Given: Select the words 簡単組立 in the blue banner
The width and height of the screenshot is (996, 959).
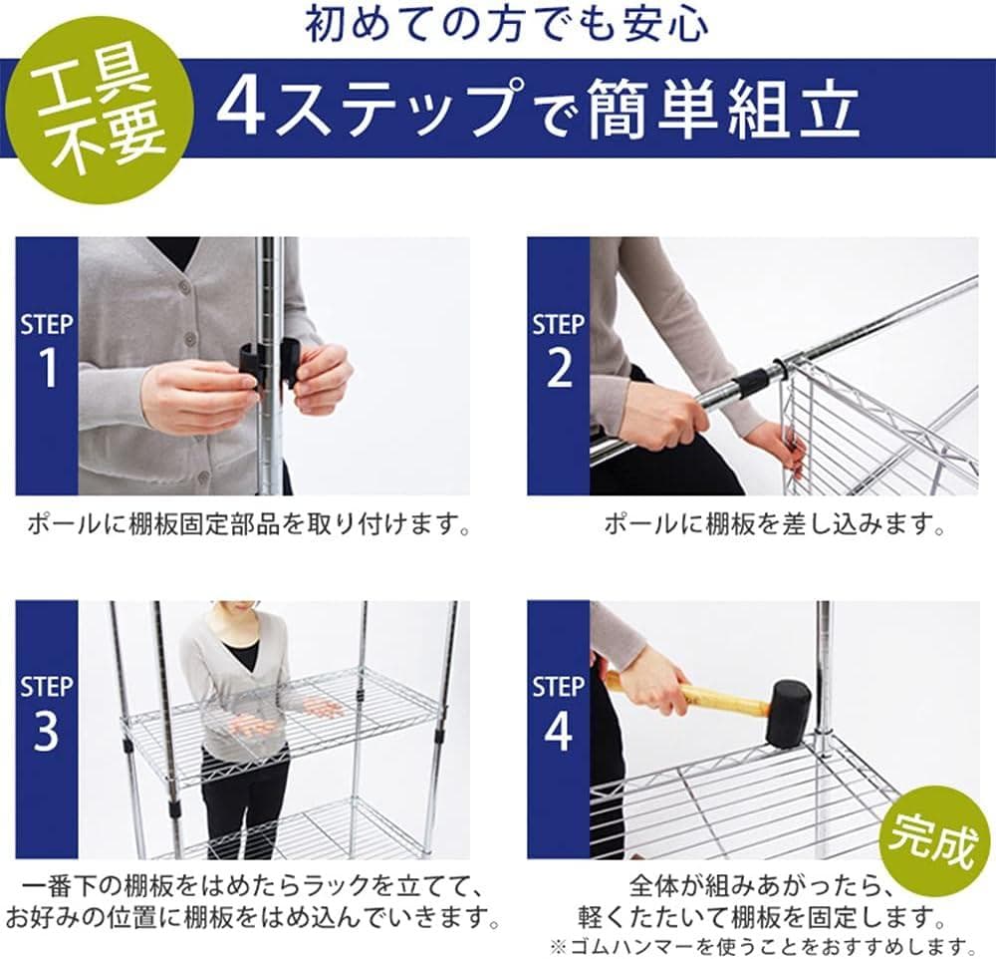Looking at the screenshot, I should pos(724,108).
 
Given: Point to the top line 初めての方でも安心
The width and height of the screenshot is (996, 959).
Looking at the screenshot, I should pos(507,25).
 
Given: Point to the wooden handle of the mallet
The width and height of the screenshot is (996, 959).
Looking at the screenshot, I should pos(722,697).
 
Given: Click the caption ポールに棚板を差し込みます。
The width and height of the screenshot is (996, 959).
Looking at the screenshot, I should pos(774,523).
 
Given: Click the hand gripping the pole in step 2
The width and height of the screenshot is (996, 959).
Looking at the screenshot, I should pos(657,413).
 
